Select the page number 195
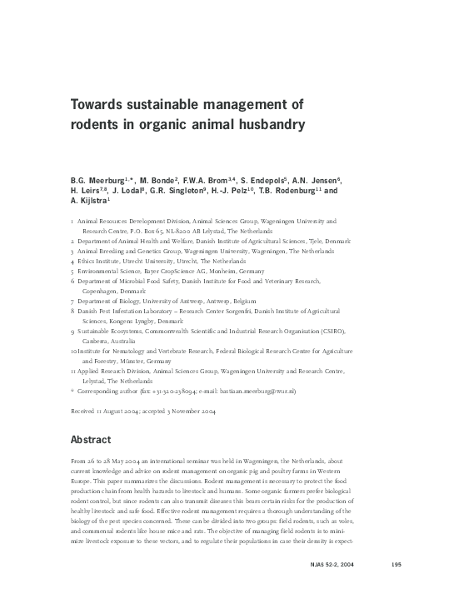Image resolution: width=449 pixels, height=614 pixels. click(397, 589)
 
